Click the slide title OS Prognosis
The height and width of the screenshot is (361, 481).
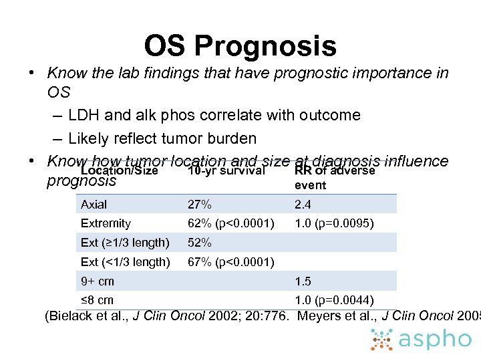pos(240,46)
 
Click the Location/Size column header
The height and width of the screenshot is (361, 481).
pos(119,171)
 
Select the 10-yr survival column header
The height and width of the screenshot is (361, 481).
pos(226,171)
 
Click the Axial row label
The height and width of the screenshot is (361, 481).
pos(94,205)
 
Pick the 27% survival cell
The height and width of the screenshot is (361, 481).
pos(200,205)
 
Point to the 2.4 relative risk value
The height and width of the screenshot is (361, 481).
pos(303,205)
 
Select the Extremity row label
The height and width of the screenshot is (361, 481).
pos(106,223)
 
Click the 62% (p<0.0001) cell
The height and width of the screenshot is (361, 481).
pos(231,223)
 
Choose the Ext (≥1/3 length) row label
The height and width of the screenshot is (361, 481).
pos(125,243)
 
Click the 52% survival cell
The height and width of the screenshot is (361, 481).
pos(200,243)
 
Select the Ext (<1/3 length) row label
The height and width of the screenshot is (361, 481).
pos(125,262)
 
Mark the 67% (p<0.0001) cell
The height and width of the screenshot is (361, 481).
pos(231,262)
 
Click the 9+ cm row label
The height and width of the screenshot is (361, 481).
pos(98,281)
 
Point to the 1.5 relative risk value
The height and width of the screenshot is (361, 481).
pos(303,281)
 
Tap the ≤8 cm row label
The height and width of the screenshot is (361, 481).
pos(98,300)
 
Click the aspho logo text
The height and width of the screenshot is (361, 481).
pos(435,339)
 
